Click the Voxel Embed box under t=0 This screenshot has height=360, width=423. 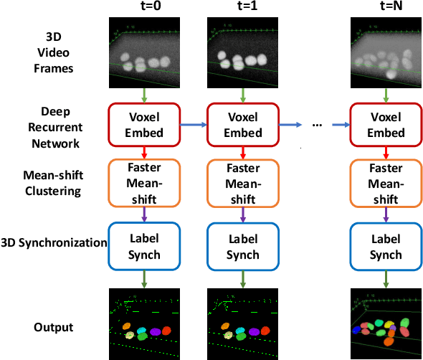pos(143,124)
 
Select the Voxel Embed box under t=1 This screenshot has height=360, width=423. pos(242,124)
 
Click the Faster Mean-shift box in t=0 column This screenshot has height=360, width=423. pos(143,181)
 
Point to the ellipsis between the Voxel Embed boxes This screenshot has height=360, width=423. pos(319,125)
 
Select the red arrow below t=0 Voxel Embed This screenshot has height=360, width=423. pos(143,151)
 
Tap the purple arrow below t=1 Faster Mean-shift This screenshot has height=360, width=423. pos(242,212)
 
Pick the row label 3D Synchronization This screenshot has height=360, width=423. pos(54,242)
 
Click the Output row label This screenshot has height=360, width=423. pos(54,327)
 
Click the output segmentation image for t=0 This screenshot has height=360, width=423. pos(143,324)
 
